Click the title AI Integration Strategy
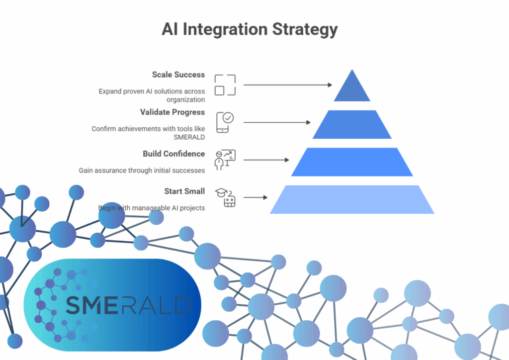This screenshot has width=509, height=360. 250,29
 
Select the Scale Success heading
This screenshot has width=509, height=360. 178,75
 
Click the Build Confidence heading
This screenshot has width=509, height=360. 173,154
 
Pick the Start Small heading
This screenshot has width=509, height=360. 184,191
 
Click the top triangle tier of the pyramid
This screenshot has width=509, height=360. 352,89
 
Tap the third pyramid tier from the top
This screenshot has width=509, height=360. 352,162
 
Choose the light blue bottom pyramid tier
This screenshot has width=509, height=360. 352,199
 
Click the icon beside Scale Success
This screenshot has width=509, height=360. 225,85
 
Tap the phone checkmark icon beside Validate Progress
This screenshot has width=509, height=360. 225,122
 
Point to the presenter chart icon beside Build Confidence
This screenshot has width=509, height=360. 225,160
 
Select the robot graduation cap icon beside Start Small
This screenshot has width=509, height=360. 225,197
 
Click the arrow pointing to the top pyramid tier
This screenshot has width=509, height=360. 287,85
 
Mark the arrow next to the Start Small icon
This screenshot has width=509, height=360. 255,197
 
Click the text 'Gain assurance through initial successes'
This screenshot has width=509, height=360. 142,171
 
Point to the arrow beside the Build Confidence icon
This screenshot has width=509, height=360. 266,160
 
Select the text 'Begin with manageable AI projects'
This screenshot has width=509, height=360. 151,208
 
